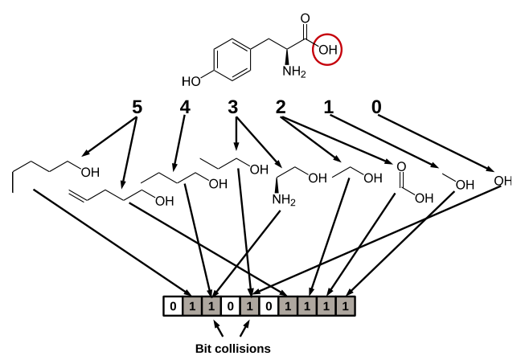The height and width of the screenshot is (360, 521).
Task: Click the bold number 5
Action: [x=137, y=107]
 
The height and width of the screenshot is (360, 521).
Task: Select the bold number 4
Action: [x=185, y=107]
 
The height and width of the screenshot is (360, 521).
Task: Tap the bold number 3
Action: [x=233, y=107]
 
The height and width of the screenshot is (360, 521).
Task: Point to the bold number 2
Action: [x=281, y=107]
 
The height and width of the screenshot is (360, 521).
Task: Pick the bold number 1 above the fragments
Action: [x=328, y=107]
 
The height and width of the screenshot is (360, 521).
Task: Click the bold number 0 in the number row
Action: [x=376, y=107]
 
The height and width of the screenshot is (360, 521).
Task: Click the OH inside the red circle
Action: [x=328, y=50]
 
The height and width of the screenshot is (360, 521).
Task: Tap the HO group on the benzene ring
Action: [x=191, y=81]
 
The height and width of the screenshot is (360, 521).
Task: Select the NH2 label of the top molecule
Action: [x=294, y=72]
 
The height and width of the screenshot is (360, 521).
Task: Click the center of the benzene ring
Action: [x=232, y=59]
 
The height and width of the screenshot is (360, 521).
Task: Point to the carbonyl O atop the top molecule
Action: [x=305, y=18]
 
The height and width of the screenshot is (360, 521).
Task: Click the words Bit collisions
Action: [x=233, y=349]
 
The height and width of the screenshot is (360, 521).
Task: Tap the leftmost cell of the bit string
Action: [x=173, y=306]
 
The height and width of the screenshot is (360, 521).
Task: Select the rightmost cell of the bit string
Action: [x=346, y=306]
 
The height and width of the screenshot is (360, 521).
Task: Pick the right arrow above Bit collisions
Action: [x=244, y=328]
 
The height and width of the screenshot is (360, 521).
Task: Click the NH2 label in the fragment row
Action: [x=284, y=200]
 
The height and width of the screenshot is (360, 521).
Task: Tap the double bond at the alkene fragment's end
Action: [x=78, y=195]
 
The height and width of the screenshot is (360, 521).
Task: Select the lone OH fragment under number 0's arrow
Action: [x=503, y=181]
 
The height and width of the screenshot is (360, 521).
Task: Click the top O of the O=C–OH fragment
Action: [x=401, y=166]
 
